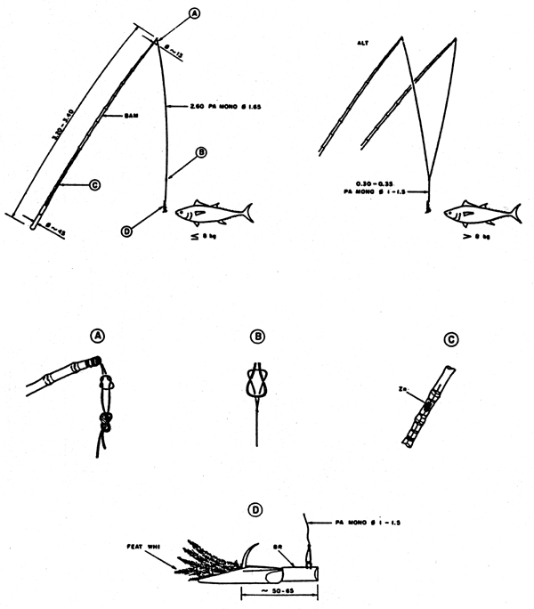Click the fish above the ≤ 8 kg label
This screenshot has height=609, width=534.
(214, 213)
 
